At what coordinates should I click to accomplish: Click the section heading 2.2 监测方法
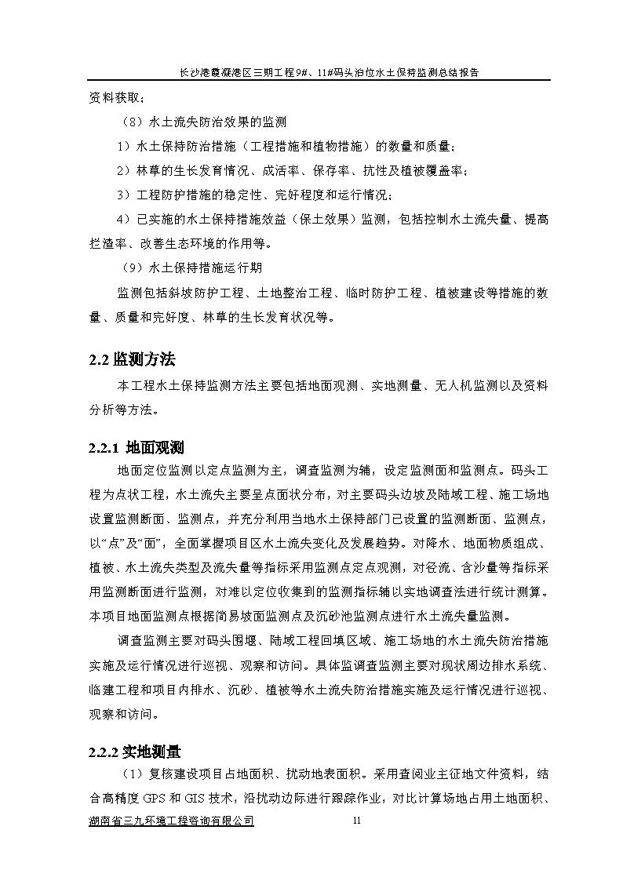click(131, 360)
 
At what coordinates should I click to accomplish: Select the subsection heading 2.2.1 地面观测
click(136, 449)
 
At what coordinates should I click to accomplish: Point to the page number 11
click(357, 821)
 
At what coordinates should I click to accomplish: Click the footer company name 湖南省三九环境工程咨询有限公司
click(171, 821)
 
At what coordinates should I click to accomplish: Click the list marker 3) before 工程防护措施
click(122, 195)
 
